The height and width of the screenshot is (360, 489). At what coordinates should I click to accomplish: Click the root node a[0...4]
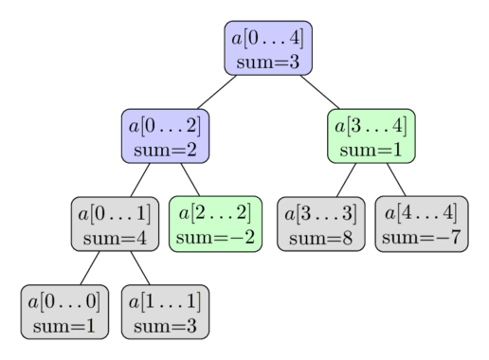tap(268, 49)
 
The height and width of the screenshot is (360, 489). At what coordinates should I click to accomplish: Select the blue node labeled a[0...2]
tap(165, 136)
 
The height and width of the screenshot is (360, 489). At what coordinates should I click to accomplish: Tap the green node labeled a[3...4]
tap(371, 136)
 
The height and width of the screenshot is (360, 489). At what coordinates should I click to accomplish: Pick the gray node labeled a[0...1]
tap(115, 225)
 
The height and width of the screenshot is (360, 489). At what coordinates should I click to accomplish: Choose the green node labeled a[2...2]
tap(216, 225)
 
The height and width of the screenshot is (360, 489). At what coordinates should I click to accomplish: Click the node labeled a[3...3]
tap(320, 225)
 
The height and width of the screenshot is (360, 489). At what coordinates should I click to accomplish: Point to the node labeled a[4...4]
tap(421, 225)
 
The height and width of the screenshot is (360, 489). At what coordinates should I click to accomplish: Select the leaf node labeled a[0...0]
tap(63, 313)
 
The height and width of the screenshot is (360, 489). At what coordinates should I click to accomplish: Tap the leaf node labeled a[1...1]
tap(165, 313)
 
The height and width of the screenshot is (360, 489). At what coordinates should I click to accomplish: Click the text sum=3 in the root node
tap(268, 62)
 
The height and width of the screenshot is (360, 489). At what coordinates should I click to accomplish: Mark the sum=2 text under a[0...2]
tap(165, 149)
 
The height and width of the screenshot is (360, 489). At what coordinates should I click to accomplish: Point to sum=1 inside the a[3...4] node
tap(371, 149)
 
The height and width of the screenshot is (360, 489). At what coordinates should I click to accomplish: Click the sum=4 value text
tap(115, 237)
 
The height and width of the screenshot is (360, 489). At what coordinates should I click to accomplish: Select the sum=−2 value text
tap(216, 237)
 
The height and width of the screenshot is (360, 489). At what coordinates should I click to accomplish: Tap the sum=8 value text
tap(320, 237)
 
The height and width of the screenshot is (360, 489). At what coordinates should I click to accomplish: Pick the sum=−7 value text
tap(421, 237)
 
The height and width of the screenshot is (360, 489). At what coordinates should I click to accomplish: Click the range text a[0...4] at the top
tap(268, 38)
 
